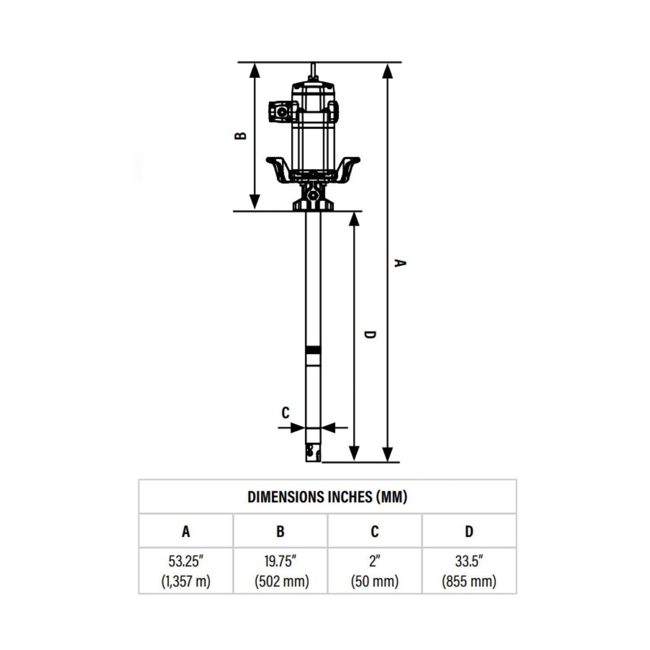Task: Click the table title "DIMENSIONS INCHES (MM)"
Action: pyautogui.click(x=327, y=497)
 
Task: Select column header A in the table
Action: pyautogui.click(x=186, y=532)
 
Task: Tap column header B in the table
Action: pyautogui.click(x=280, y=532)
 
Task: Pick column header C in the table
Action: pyautogui.click(x=374, y=532)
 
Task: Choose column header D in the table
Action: pyautogui.click(x=469, y=532)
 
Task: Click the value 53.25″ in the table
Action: pyautogui.click(x=186, y=561)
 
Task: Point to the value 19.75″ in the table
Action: pyautogui.click(x=280, y=561)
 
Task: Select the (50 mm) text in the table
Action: pyautogui.click(x=374, y=581)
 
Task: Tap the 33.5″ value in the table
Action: pyautogui.click(x=469, y=561)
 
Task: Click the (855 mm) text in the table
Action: pyautogui.click(x=469, y=581)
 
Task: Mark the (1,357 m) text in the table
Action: pyautogui.click(x=186, y=581)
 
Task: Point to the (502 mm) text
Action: pyautogui.click(x=282, y=581)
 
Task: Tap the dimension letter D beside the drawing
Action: pyautogui.click(x=369, y=335)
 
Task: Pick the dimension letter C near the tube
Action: pyautogui.click(x=285, y=412)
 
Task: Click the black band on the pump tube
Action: pyautogui.click(x=313, y=350)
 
